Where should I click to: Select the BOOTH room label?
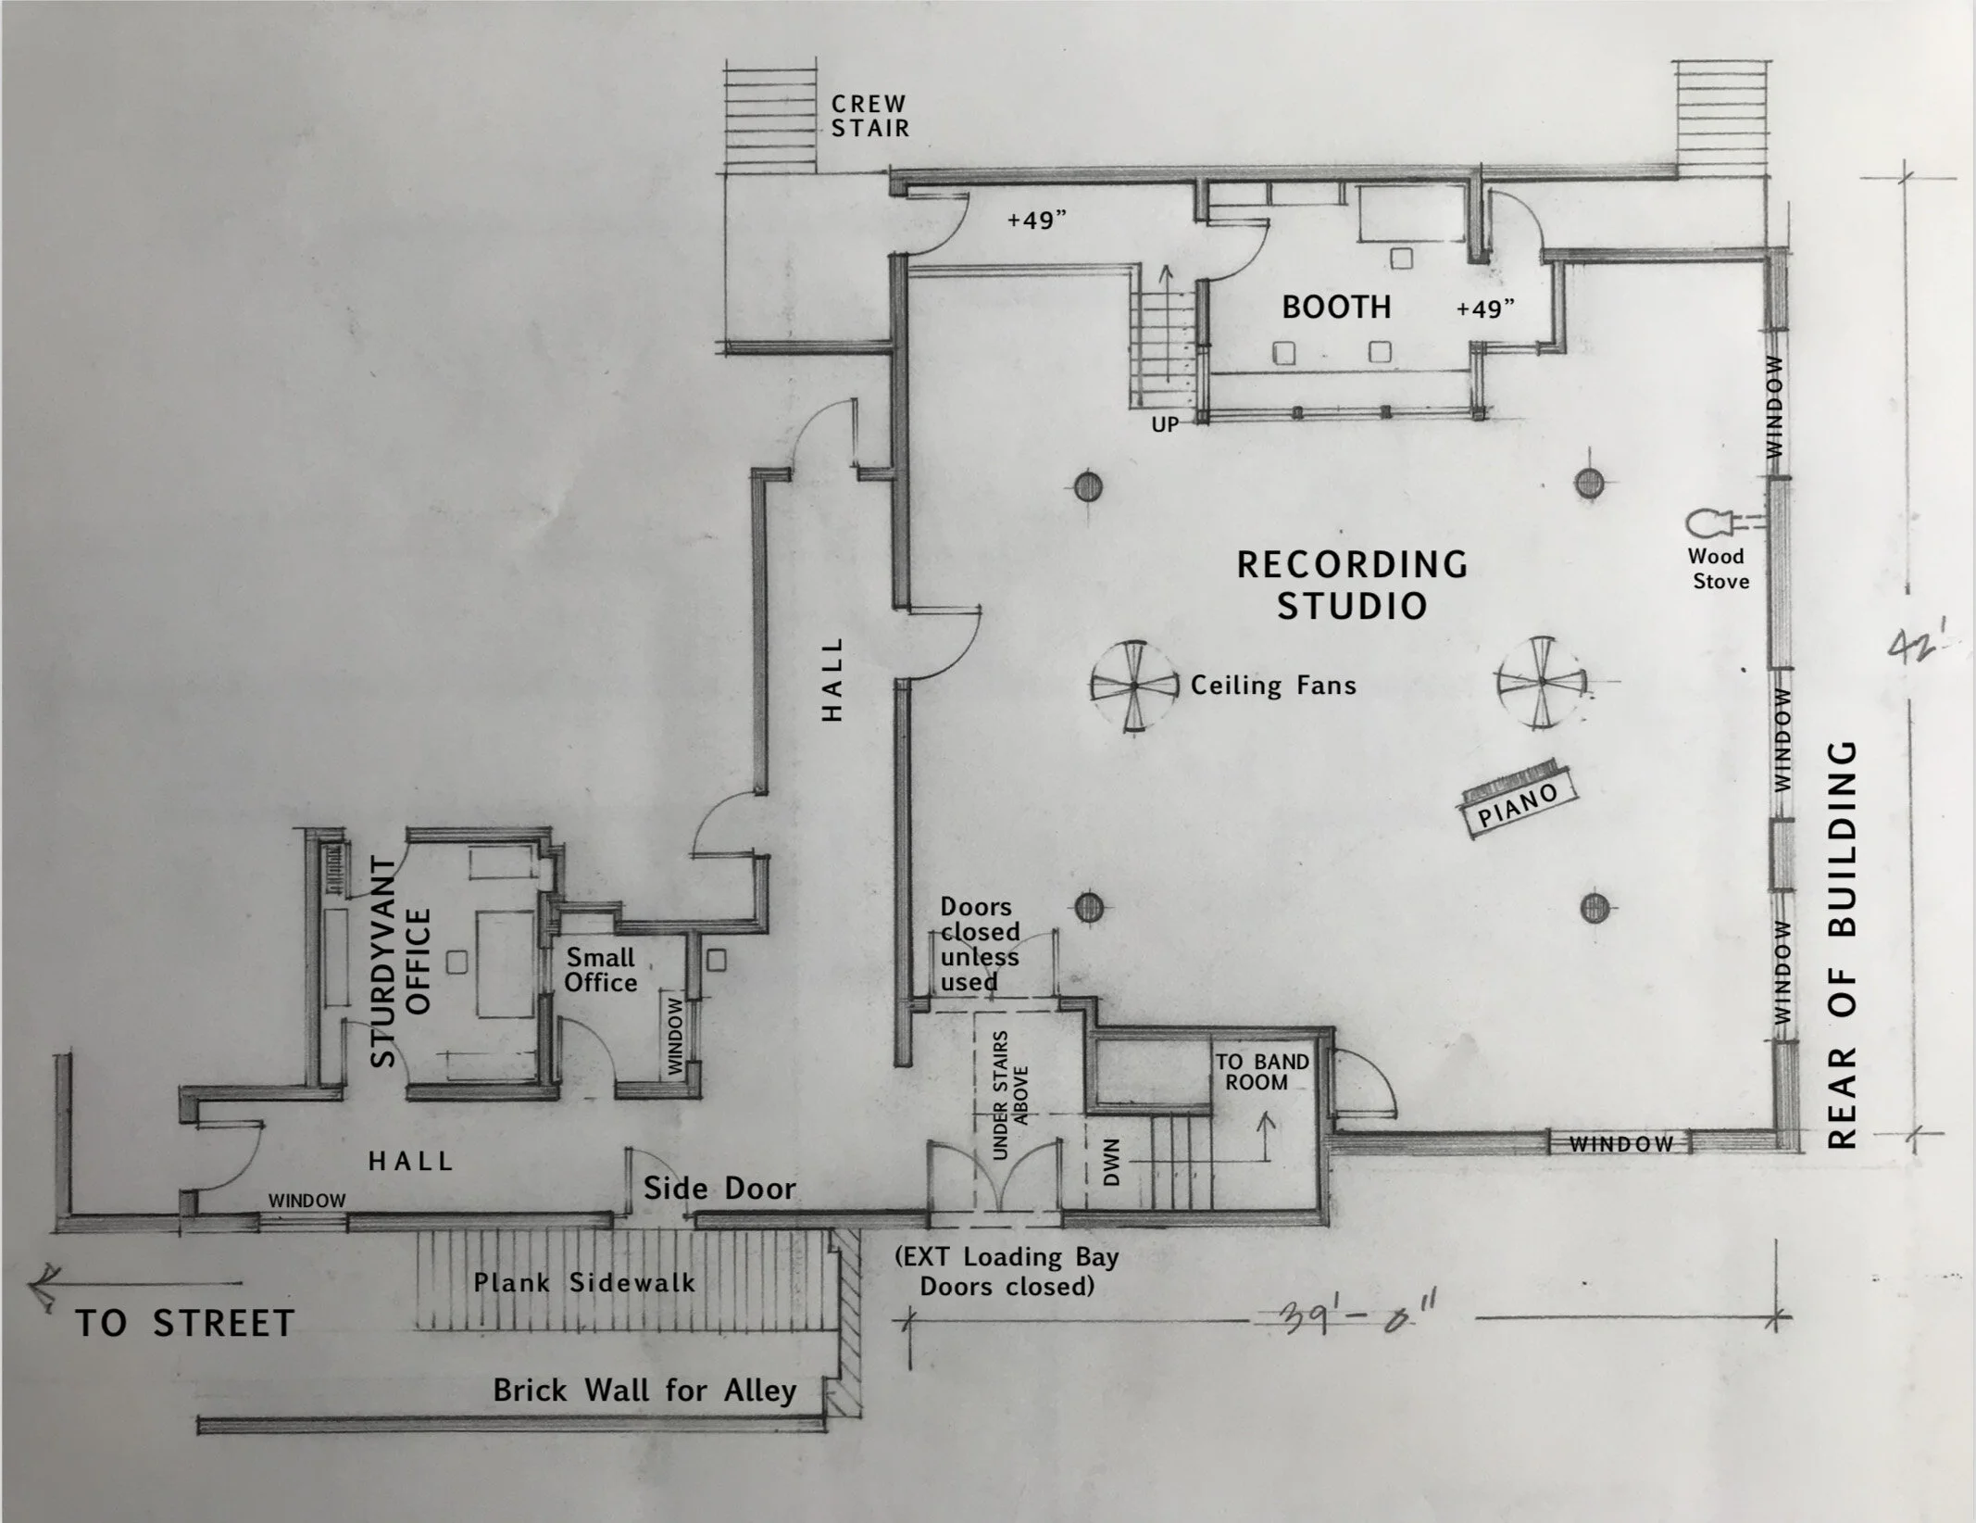(1336, 307)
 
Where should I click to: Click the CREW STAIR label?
(869, 117)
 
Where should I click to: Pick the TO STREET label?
(185, 1323)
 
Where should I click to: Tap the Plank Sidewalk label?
(584, 1283)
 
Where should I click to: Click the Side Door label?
(719, 1189)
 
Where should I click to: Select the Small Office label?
(601, 970)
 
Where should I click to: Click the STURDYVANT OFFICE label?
(401, 962)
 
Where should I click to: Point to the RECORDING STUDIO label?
(1352, 585)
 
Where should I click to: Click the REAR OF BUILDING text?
(1844, 945)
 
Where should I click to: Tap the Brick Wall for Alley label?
(644, 1391)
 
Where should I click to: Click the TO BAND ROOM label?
(1261, 1072)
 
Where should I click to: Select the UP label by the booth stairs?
(1165, 424)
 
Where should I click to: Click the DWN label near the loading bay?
(1112, 1162)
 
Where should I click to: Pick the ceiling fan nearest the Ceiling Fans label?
(1133, 686)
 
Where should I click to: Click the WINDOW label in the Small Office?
(674, 1037)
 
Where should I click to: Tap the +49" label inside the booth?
(1485, 308)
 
